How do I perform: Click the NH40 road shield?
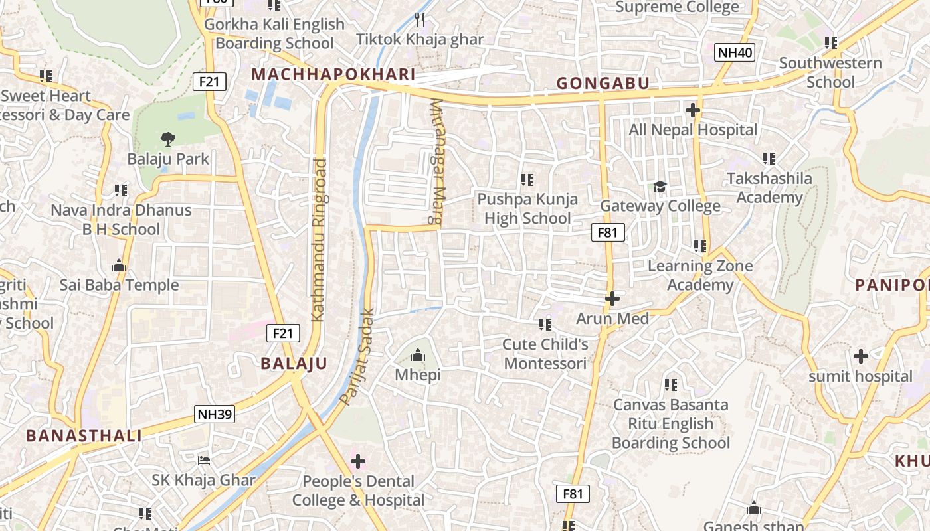(x=735, y=52)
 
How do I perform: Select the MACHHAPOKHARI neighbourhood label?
(x=333, y=75)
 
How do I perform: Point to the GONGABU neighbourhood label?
(x=603, y=84)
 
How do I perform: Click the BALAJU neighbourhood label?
(x=294, y=364)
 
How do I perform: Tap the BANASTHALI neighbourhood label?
(x=84, y=436)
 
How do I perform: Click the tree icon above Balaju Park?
(x=168, y=139)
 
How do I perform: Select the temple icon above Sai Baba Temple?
(x=120, y=266)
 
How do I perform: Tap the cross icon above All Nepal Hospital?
(x=693, y=110)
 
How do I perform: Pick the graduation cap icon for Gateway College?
(x=660, y=187)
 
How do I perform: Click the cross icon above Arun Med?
(x=612, y=299)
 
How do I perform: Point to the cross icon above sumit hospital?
(x=861, y=356)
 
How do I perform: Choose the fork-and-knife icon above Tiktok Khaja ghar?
(x=420, y=20)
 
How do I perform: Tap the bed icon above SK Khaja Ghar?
(x=204, y=460)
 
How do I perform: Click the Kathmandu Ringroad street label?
(x=319, y=240)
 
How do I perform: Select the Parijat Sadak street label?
(x=358, y=356)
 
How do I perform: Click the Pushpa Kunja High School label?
(x=527, y=208)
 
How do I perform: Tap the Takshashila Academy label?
(x=769, y=188)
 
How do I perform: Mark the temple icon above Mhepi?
(x=418, y=355)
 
